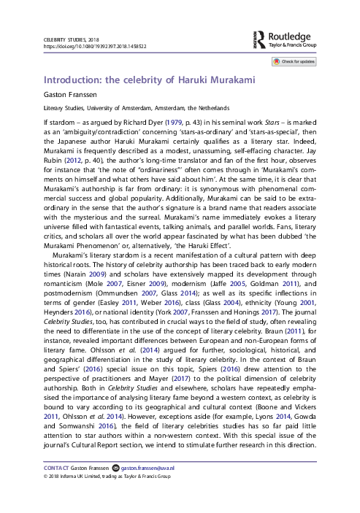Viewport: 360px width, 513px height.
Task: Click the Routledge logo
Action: [x=285, y=40]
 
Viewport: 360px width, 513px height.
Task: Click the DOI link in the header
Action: [x=95, y=47]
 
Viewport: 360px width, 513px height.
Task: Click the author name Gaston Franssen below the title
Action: [x=70, y=95]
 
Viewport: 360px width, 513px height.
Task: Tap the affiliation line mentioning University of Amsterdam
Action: [x=137, y=108]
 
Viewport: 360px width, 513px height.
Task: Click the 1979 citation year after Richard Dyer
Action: [x=174, y=123]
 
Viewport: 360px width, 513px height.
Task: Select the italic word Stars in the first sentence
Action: [x=272, y=123]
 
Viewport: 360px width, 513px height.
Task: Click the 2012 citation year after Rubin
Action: [x=72, y=161]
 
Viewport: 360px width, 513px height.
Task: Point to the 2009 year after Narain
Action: [x=97, y=274]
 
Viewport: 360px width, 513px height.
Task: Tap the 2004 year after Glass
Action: [x=231, y=303]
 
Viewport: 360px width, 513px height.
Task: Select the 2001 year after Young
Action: [x=307, y=303]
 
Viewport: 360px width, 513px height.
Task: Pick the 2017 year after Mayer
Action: [x=181, y=379]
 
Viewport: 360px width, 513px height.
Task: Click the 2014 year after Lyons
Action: [x=283, y=417]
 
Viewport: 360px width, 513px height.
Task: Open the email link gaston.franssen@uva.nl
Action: [x=148, y=468]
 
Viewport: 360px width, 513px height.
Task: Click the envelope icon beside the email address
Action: [x=115, y=468]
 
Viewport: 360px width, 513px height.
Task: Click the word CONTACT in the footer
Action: [x=56, y=468]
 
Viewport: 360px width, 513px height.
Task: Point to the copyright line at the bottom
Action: [x=107, y=477]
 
